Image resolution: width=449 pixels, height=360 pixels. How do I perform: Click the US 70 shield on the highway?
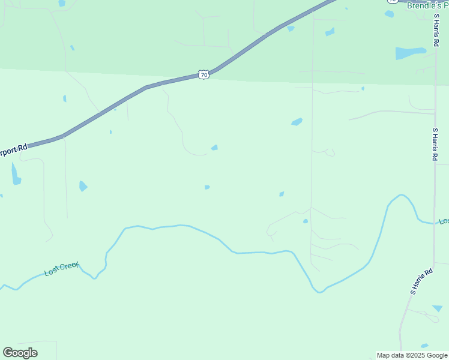[x=204, y=75]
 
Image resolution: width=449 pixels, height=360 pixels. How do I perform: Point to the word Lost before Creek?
[x=52, y=272]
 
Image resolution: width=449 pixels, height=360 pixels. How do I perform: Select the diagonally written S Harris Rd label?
[x=421, y=281]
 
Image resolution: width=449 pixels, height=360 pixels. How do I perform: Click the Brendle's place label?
[x=427, y=5]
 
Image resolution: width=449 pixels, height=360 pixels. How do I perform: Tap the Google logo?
[x=20, y=353]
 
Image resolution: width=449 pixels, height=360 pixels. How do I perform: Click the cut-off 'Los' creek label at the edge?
[x=444, y=221]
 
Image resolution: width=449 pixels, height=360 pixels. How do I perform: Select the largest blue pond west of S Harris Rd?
[x=411, y=53]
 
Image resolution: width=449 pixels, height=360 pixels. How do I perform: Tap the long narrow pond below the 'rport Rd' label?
[x=16, y=174]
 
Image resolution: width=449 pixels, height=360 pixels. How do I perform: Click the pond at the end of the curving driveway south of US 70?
[x=214, y=148]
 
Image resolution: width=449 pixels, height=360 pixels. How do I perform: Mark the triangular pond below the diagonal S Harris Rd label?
[x=438, y=308]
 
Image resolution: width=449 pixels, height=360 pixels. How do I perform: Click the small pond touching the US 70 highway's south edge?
[x=291, y=28]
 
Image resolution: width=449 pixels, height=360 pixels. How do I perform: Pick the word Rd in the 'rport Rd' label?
[x=23, y=147]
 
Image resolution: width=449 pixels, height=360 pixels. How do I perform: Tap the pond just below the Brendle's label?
[x=389, y=14]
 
